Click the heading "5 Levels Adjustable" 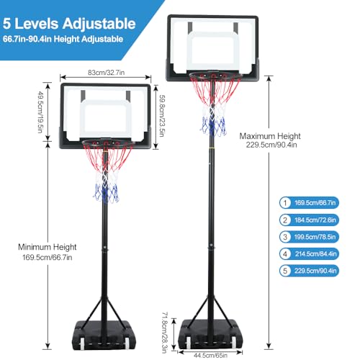(x=69, y=24)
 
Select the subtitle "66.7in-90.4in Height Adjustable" (x=63, y=39)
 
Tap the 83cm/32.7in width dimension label (x=106, y=73)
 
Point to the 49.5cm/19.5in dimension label (x=40, y=112)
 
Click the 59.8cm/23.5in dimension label (x=162, y=116)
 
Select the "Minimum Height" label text (x=48, y=247)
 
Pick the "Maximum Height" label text (x=270, y=136)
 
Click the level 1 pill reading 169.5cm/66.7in (x=309, y=203)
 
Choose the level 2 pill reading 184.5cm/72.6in (x=309, y=220)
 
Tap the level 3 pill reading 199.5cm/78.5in (x=309, y=237)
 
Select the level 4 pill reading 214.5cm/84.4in (x=309, y=254)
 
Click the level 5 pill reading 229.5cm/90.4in (x=309, y=271)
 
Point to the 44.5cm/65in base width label (x=210, y=355)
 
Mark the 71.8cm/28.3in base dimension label (x=165, y=333)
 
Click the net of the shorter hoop (x=107, y=173)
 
